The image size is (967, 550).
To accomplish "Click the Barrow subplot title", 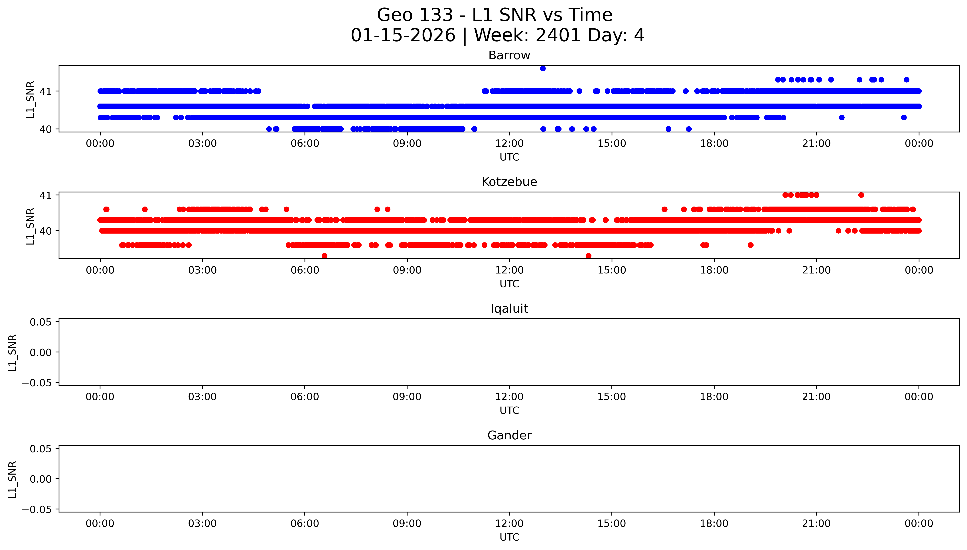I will (x=509, y=55).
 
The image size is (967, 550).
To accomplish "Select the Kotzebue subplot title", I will (x=509, y=182).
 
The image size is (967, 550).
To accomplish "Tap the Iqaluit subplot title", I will (x=509, y=309).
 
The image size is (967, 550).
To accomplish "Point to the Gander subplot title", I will (x=509, y=436).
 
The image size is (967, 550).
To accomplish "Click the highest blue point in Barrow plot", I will (x=543, y=68).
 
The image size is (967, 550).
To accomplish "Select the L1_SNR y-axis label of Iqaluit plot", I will (x=13, y=353).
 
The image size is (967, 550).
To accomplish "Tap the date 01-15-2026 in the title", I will (x=403, y=36).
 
